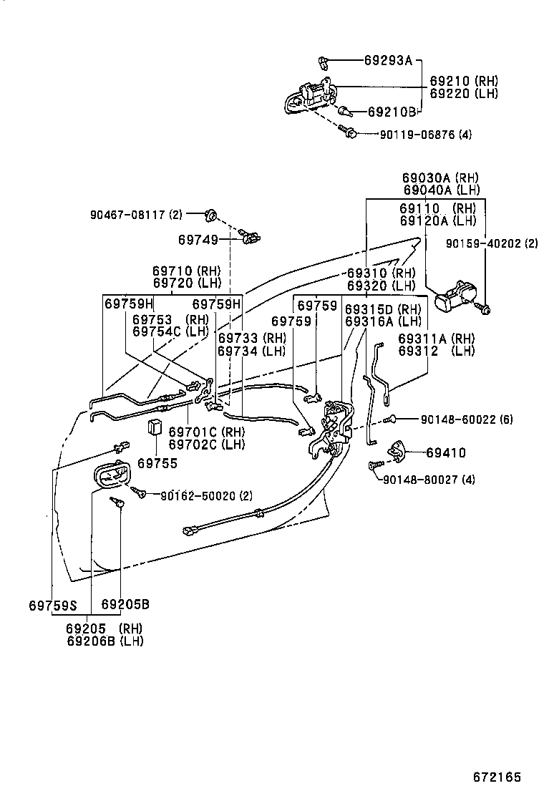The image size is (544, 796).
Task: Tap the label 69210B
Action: click(x=392, y=112)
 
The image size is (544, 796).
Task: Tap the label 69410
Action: click(x=445, y=452)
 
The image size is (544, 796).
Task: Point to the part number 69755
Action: click(x=157, y=463)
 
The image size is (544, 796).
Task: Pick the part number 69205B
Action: click(x=125, y=604)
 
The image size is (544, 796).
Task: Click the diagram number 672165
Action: click(x=496, y=777)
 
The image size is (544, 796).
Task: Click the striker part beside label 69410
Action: click(x=395, y=450)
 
